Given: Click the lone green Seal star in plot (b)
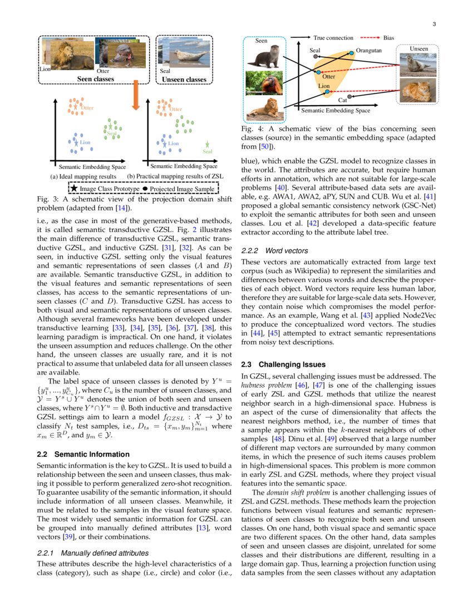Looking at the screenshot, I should [208, 144].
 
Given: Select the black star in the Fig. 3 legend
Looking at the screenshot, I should [73, 189].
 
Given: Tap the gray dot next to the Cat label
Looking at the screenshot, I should [349, 97].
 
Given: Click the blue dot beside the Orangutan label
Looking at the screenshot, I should [352, 52].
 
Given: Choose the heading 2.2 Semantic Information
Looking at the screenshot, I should [82, 454].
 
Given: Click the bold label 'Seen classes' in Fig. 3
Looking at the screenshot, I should [95, 79].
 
